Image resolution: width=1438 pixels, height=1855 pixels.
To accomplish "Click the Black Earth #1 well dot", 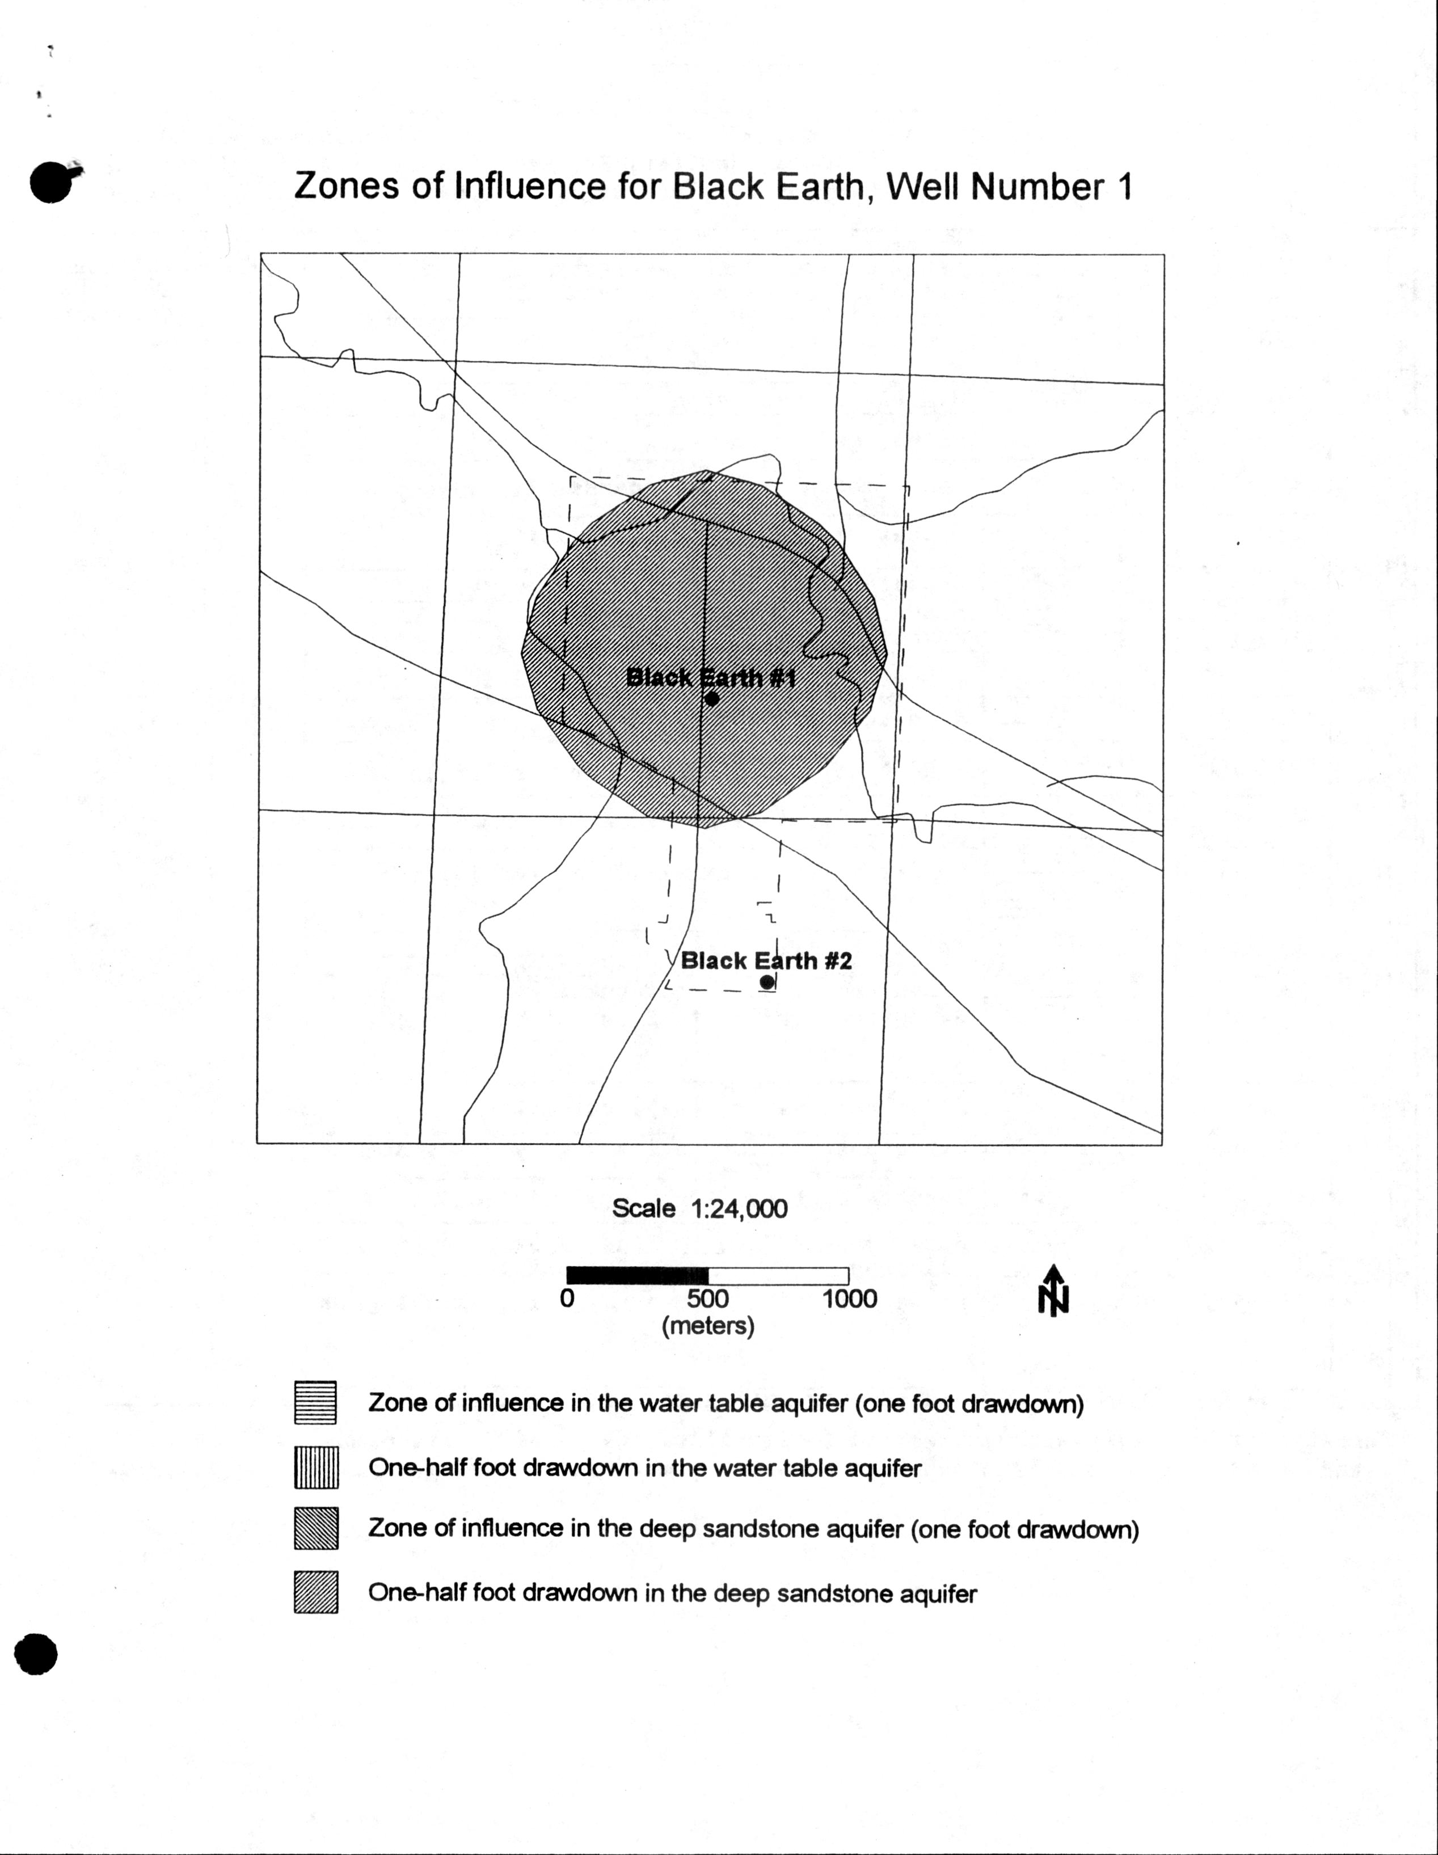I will click(x=712, y=698).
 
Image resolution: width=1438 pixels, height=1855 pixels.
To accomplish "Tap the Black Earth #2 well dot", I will click(x=767, y=982).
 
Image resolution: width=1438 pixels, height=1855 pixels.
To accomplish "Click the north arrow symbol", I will click(x=1053, y=1290).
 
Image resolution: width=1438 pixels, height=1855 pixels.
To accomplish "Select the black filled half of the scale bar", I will click(x=637, y=1276).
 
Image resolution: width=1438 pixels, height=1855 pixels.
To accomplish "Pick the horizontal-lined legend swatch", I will click(x=315, y=1402).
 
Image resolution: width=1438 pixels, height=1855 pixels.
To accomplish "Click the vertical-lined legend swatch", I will click(x=316, y=1467).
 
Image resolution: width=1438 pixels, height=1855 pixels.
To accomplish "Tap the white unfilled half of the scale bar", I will click(x=778, y=1276).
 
